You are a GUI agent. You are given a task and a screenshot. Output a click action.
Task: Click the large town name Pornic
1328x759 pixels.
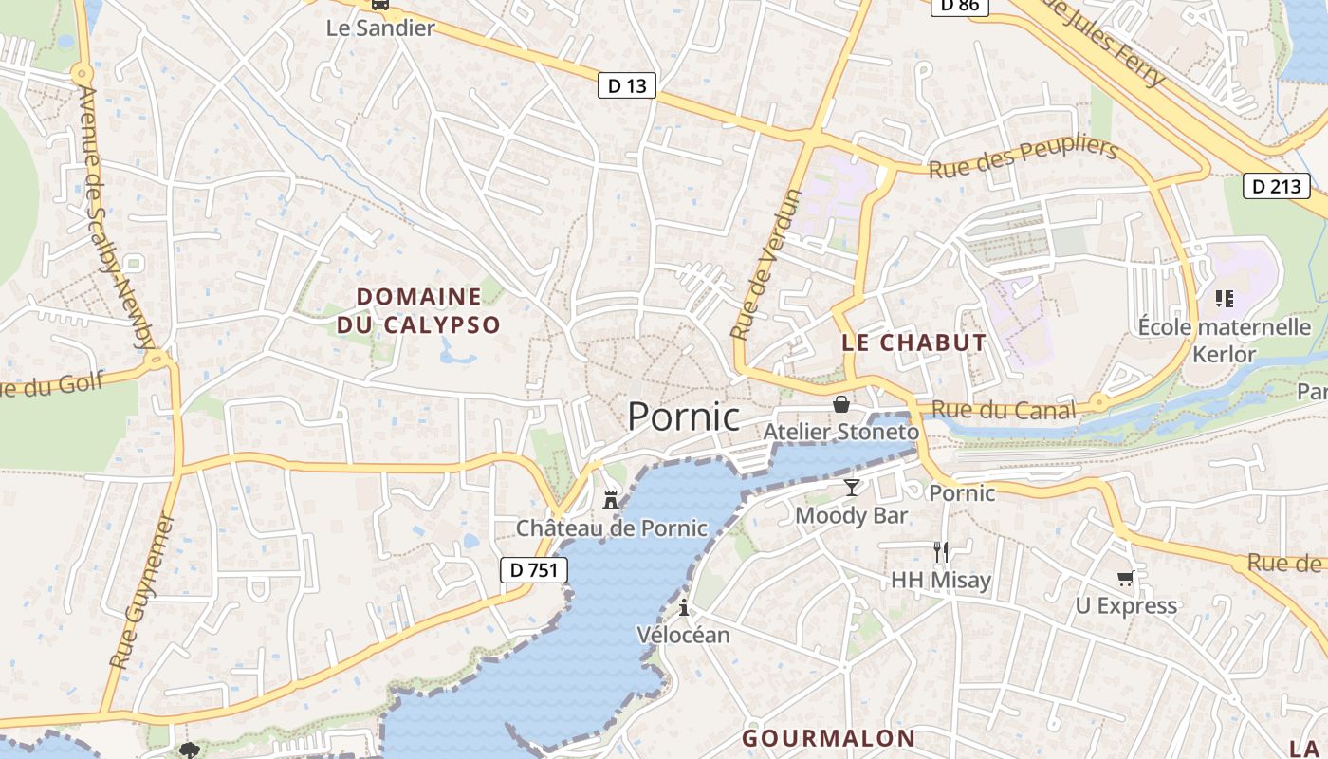pyautogui.click(x=683, y=417)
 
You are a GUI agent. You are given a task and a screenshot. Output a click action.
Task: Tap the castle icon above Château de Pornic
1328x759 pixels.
pyautogui.click(x=611, y=499)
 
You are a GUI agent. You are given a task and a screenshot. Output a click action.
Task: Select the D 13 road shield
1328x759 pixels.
pyautogui.click(x=627, y=85)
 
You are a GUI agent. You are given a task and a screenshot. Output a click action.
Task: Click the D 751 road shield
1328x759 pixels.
pyautogui.click(x=534, y=569)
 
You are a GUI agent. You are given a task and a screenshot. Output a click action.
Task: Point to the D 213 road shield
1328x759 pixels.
pyautogui.click(x=1276, y=186)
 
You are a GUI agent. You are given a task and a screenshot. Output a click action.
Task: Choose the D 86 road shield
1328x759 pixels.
pyautogui.click(x=960, y=6)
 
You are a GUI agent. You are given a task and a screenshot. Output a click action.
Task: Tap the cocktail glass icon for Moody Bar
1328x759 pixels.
pyautogui.click(x=851, y=488)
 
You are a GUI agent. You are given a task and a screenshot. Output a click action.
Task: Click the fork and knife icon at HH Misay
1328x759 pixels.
pyautogui.click(x=941, y=551)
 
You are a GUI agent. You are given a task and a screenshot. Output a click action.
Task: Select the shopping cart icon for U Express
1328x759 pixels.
pyautogui.click(x=1125, y=578)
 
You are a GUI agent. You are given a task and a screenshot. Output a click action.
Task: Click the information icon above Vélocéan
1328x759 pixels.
pyautogui.click(x=683, y=607)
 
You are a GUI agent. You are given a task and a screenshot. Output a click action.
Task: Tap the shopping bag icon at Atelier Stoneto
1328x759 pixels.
pyautogui.click(x=840, y=405)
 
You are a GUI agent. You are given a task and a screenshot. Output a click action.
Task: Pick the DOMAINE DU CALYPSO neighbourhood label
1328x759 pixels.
pyautogui.click(x=418, y=310)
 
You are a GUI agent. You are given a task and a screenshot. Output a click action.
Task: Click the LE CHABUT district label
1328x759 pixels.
pyautogui.click(x=913, y=342)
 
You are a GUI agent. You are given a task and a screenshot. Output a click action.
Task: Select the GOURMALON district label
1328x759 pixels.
pyautogui.click(x=828, y=738)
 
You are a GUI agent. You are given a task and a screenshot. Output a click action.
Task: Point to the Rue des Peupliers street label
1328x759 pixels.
pyautogui.click(x=1024, y=158)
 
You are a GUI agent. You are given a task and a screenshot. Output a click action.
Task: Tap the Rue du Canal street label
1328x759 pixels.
pyautogui.click(x=1004, y=410)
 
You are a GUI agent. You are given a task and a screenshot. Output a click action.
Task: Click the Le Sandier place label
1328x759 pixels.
pyautogui.click(x=380, y=28)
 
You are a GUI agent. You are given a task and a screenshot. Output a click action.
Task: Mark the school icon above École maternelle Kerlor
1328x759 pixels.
pyautogui.click(x=1224, y=299)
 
